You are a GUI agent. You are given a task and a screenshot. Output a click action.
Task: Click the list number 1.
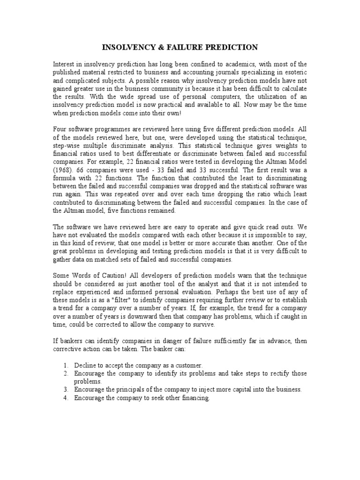pos(66,365)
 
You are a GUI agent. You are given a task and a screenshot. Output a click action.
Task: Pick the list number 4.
pos(66,398)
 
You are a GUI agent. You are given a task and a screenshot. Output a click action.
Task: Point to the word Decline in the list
pos(84,365)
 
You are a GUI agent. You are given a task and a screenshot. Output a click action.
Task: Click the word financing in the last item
pos(195,398)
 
